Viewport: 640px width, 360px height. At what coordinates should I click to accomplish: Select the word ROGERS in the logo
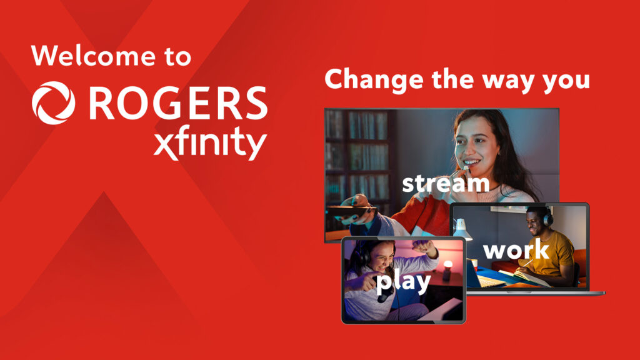tap(178, 103)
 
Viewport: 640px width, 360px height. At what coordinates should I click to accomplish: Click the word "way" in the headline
tap(507, 81)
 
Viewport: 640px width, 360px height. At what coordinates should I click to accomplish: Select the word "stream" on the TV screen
tap(445, 184)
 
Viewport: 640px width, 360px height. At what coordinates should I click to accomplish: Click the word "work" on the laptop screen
tap(516, 250)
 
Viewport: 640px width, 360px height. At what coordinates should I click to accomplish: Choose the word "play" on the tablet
tap(403, 282)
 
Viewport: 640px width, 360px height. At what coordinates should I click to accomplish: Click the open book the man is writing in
tap(531, 277)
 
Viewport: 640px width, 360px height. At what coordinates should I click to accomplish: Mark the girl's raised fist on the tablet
tap(427, 248)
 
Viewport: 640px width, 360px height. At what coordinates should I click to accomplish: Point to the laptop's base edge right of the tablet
tap(537, 292)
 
